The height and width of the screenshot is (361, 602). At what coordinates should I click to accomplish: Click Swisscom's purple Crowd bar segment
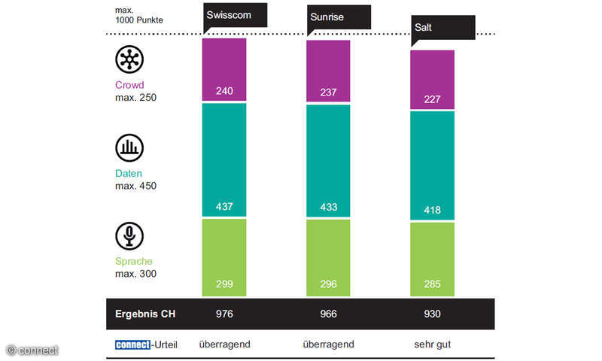[x=224, y=68]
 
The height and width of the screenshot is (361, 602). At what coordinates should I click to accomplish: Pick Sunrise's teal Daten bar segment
[x=328, y=158]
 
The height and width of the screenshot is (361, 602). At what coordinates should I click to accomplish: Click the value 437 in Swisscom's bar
[x=224, y=206]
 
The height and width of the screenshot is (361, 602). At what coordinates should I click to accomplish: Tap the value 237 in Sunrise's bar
[x=328, y=92]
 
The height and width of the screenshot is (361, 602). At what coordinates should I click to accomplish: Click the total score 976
[x=224, y=314]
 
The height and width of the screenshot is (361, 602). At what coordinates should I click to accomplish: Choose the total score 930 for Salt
[x=432, y=314]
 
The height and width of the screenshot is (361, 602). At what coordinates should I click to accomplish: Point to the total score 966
[x=328, y=314]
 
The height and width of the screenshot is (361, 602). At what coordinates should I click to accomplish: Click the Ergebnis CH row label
[x=144, y=314]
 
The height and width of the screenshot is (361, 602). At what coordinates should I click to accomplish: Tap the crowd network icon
[x=129, y=59]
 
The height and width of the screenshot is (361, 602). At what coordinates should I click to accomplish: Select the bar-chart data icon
[x=129, y=148]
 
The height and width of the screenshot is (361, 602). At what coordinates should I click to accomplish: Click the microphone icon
[x=129, y=236]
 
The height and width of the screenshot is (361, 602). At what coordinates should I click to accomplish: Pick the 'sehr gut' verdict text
[x=432, y=344]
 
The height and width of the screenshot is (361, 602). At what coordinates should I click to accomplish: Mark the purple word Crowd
[x=129, y=85]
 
